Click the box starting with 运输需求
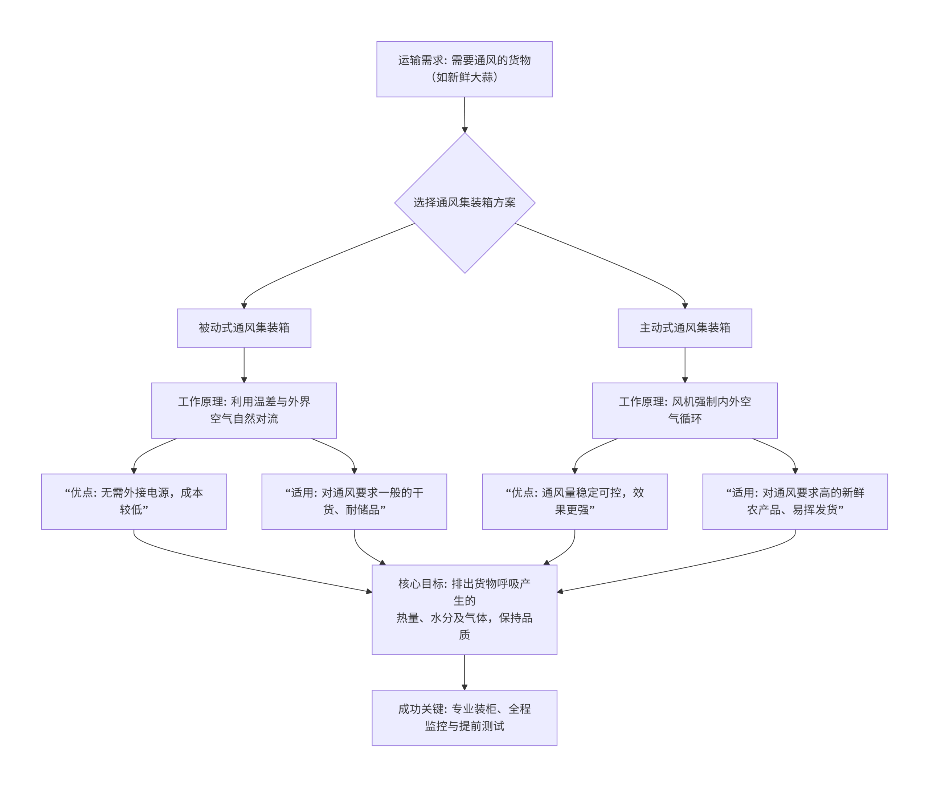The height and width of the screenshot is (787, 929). coord(464,69)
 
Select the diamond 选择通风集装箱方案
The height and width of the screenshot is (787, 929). coord(464,203)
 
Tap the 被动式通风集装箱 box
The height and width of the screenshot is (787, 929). coord(244,328)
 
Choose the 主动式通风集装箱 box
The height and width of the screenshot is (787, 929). coord(685,328)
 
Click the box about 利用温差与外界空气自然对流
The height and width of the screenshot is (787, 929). coord(244,411)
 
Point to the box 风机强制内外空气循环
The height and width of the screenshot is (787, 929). coord(685,411)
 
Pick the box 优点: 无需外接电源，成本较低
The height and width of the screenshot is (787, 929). coord(134,501)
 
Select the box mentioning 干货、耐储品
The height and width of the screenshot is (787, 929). coord(354,501)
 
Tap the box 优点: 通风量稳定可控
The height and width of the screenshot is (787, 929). coord(574,501)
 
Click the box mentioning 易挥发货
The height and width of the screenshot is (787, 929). coord(795,501)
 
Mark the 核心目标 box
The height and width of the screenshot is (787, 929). coord(464,609)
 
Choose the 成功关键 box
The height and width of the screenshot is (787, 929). coord(464,717)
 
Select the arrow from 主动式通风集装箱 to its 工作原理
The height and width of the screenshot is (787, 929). coord(685,364)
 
